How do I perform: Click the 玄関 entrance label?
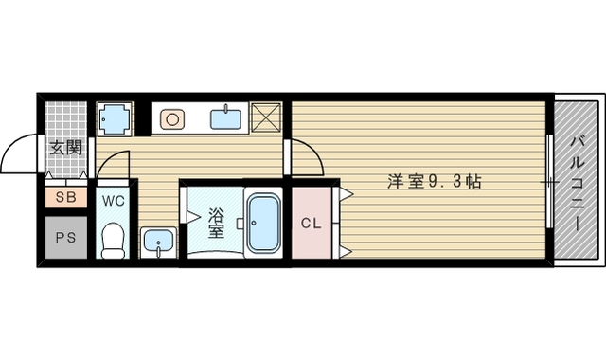[x=66, y=148]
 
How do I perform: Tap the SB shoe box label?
[x=65, y=198]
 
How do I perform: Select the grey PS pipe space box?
[x=65, y=238]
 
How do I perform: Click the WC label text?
[x=114, y=200]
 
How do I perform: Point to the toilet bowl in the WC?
[x=114, y=241]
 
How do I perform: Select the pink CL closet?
[x=310, y=224]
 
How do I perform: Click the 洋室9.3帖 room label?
[x=435, y=181]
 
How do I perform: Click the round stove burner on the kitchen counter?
[x=172, y=119]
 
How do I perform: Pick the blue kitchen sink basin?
[x=225, y=119]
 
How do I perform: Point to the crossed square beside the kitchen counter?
[x=268, y=118]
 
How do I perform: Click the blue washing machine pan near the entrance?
[x=116, y=119]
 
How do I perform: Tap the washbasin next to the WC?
[x=156, y=243]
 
